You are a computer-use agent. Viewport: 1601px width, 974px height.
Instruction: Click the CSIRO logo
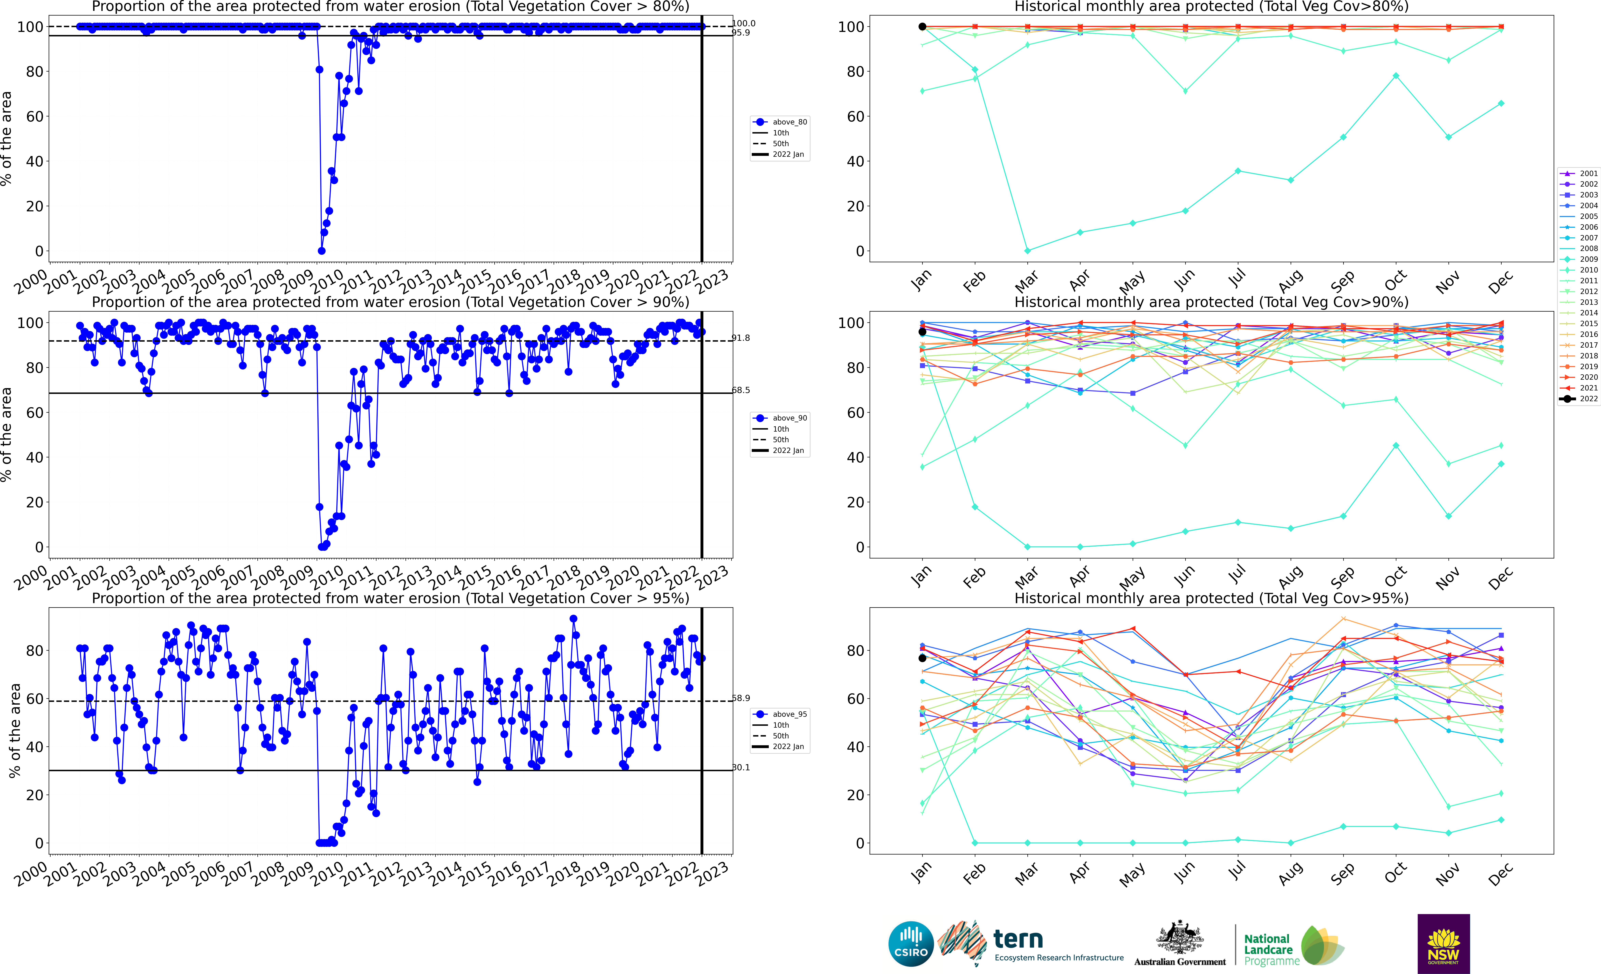point(911,943)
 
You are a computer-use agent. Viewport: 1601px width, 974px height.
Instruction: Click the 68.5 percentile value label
point(741,390)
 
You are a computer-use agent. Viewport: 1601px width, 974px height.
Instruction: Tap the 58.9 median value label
point(741,698)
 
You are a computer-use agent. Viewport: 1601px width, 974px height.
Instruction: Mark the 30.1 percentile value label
point(741,768)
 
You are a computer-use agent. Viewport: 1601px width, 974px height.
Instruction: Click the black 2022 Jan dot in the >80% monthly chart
point(922,27)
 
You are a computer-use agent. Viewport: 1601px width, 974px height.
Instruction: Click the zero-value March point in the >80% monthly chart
point(1027,251)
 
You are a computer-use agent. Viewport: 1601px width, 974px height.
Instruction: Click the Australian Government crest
point(1179,938)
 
